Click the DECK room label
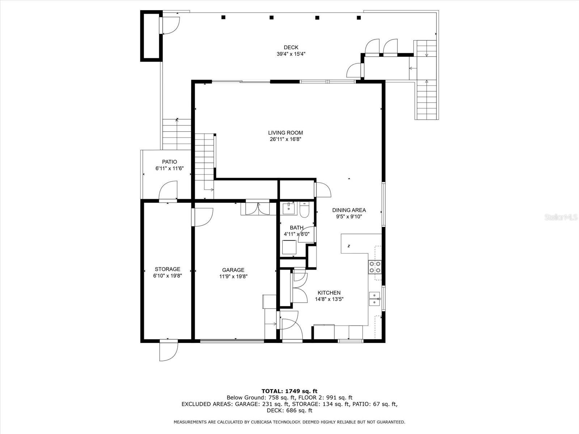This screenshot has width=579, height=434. tap(291, 47)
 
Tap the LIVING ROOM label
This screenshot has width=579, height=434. tap(286, 133)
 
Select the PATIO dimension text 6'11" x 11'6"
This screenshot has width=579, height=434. tap(170, 169)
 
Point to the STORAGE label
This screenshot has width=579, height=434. tap(168, 269)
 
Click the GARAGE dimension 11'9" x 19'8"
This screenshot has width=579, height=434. tap(233, 276)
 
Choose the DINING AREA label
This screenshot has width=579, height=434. tap(349, 210)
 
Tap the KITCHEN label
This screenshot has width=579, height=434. tap(329, 293)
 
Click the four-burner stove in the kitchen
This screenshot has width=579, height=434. tap(375, 267)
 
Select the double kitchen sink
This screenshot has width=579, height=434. tap(375, 299)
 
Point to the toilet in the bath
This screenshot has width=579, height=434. tap(304, 210)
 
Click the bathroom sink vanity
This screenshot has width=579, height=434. tap(288, 208)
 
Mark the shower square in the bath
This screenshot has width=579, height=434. tap(289, 247)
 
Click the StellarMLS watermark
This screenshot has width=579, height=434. tap(561, 217)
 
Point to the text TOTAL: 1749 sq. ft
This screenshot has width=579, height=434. tap(289, 391)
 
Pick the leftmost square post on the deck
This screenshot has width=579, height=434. tap(223, 17)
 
